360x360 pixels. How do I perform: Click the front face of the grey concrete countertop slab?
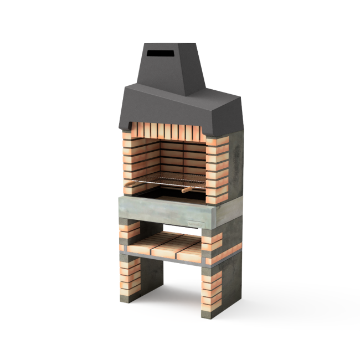[x=166, y=212]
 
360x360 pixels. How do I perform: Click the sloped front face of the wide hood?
[x=166, y=108]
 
